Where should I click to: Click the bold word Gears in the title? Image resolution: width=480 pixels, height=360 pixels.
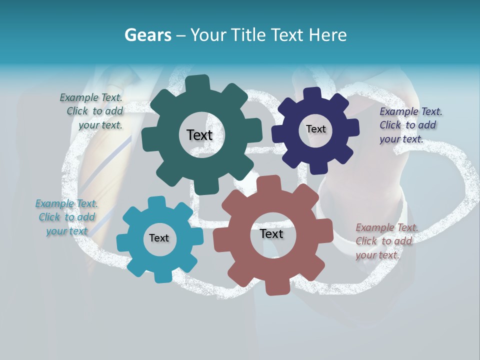point(147,35)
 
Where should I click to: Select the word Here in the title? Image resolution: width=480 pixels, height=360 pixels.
point(328,35)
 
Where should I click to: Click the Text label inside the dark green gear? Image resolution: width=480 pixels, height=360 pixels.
point(199,135)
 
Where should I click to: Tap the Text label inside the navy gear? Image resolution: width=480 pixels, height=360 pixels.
point(315,129)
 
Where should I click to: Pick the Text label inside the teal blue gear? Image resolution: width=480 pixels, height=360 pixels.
point(159,238)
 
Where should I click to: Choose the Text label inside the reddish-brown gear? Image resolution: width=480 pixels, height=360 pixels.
point(271,234)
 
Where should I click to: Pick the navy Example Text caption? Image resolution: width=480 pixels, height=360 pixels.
point(410,125)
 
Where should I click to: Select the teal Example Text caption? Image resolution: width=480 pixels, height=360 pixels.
point(66,217)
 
